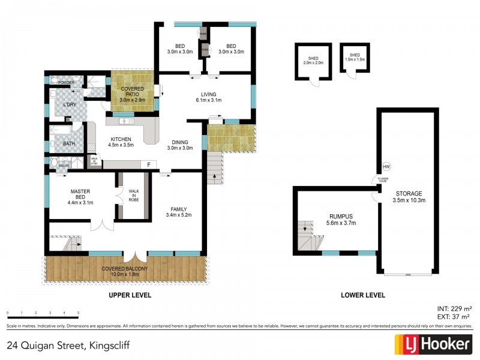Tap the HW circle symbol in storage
[x=386, y=167]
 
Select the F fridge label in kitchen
[x=148, y=164]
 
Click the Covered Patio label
[x=132, y=94]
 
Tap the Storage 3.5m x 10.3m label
[x=409, y=197]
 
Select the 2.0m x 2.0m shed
[x=312, y=61]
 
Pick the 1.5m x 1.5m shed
[x=355, y=59]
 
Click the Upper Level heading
[x=130, y=296]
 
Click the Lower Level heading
[x=362, y=296]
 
